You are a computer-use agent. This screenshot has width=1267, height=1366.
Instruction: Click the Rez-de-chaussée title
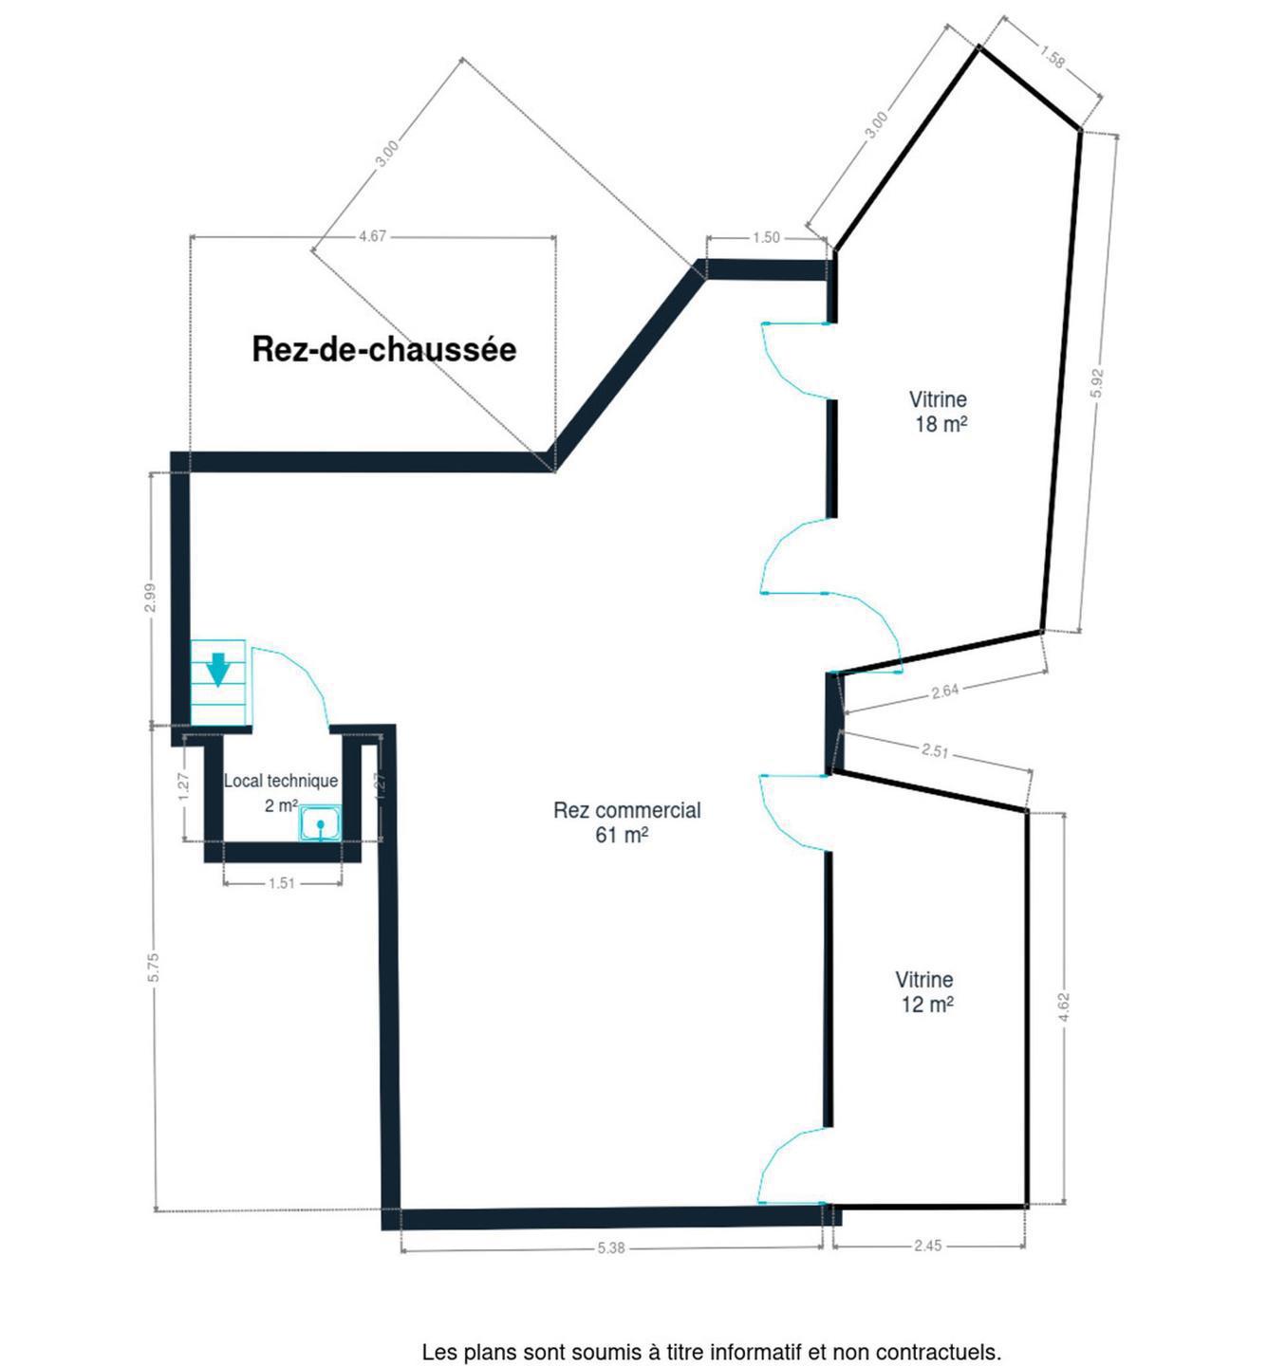tap(384, 349)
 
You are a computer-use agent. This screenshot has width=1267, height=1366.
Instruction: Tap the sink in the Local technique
tap(320, 823)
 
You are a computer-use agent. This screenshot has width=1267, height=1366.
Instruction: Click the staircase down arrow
tap(217, 670)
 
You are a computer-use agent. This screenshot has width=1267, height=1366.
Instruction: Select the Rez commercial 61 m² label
tap(627, 821)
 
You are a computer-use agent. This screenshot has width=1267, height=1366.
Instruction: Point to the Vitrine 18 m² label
tap(939, 412)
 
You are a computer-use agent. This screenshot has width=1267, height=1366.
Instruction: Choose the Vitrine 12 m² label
tap(925, 992)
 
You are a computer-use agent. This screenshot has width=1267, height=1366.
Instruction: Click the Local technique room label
tap(281, 793)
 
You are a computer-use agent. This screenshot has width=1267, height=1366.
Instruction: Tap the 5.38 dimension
tap(611, 1247)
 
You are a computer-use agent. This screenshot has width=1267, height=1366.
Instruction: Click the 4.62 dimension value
tap(1064, 1007)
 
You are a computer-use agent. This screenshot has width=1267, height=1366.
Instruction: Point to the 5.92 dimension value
tap(1097, 383)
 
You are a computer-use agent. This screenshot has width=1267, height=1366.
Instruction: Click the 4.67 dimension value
tap(372, 236)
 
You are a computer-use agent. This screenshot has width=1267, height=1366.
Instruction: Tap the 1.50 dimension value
tap(766, 237)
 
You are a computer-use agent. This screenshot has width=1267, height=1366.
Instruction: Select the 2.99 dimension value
tap(152, 597)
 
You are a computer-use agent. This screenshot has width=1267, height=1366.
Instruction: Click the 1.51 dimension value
tap(282, 883)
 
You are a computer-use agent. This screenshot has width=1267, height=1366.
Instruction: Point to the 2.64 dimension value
tap(945, 692)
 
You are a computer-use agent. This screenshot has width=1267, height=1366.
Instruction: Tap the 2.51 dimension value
tap(935, 749)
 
